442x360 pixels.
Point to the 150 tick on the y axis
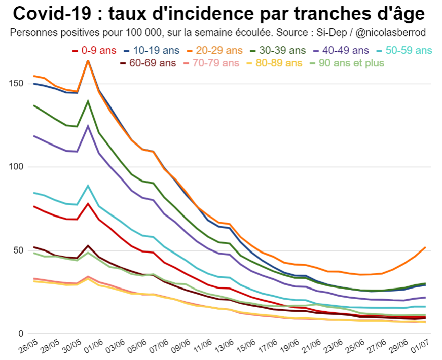tap(17, 83)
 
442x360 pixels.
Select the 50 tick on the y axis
tap(19, 250)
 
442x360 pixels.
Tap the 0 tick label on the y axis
tap(21, 333)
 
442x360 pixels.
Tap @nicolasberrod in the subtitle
tap(391, 33)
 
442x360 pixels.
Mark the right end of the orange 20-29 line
tap(425, 247)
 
